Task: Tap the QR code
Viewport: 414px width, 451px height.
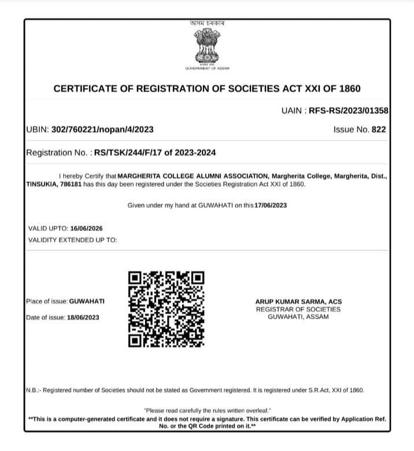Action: pos(166,309)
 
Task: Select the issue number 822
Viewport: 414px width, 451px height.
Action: pos(379,130)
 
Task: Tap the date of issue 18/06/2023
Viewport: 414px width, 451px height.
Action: pos(84,317)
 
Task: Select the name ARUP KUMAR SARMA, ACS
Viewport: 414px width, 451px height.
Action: pos(298,302)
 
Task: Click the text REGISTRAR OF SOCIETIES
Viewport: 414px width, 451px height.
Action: pos(298,309)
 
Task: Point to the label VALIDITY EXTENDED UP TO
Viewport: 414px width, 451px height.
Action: pos(72,239)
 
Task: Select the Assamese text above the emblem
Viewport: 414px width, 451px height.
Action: pos(207,23)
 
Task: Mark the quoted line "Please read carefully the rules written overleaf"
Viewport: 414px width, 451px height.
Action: pos(207,410)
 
